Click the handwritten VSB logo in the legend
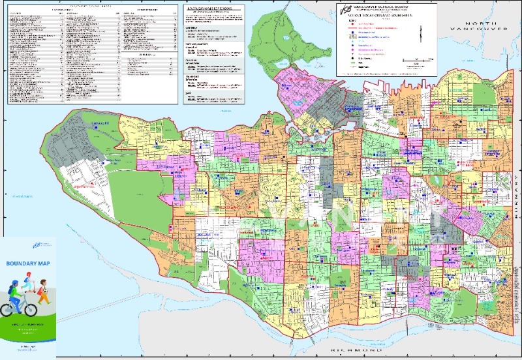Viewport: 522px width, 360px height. pos(345,9)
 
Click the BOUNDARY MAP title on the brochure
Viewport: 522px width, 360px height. pos(27,263)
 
